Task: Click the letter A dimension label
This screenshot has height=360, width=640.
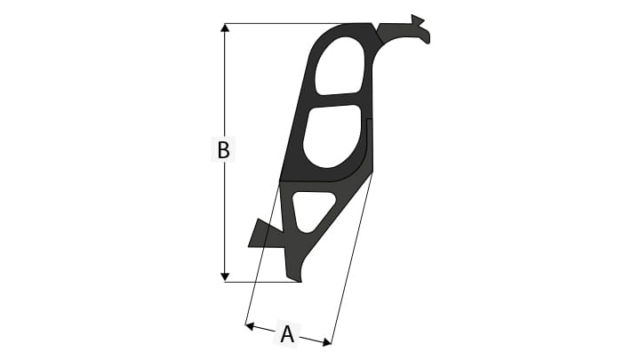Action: (x=287, y=334)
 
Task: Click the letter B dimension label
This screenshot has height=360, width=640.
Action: (x=224, y=150)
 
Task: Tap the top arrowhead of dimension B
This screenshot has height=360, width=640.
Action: (x=225, y=30)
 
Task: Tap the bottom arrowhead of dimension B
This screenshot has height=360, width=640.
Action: (x=225, y=275)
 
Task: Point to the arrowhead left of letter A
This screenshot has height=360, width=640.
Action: (x=252, y=326)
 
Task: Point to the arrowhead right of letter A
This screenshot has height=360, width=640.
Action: (x=325, y=340)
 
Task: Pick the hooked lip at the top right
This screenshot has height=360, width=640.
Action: (x=418, y=31)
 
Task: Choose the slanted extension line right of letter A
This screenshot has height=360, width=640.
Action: (x=351, y=258)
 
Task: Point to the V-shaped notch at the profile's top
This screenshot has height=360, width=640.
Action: (x=374, y=28)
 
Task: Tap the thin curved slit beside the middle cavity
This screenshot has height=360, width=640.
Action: (x=366, y=142)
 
